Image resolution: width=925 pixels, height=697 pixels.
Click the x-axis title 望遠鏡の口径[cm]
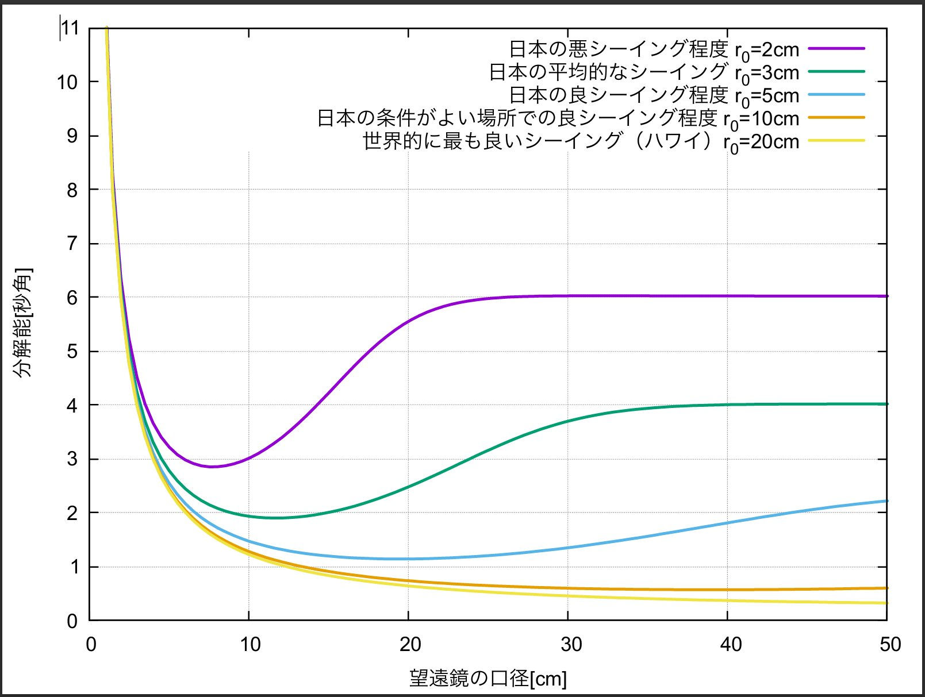(x=488, y=679)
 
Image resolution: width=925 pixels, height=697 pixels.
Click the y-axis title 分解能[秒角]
(x=24, y=323)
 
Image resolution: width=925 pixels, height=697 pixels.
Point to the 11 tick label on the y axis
(x=70, y=28)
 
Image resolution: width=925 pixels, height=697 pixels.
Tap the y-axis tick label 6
(x=72, y=297)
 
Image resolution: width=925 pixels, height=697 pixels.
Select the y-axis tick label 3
(x=72, y=459)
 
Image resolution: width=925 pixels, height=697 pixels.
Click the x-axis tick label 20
(x=409, y=645)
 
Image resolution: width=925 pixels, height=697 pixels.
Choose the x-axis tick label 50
(x=889, y=645)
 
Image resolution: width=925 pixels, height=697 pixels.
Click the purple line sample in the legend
(x=836, y=49)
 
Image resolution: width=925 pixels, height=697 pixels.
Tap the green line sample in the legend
(x=836, y=72)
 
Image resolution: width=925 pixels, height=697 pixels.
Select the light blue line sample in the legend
(x=836, y=95)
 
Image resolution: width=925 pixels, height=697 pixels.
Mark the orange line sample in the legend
(x=836, y=118)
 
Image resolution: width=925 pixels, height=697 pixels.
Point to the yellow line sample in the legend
(x=836, y=141)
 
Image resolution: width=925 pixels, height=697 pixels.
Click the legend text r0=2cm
(x=767, y=51)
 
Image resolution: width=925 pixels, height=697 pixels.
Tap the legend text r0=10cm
(x=761, y=120)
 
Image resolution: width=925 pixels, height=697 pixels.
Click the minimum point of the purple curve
(x=212, y=467)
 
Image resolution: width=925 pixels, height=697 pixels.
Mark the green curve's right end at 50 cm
(x=886, y=404)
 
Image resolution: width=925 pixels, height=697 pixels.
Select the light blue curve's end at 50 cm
(x=886, y=501)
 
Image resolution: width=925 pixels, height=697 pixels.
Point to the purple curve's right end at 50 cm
(x=886, y=296)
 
